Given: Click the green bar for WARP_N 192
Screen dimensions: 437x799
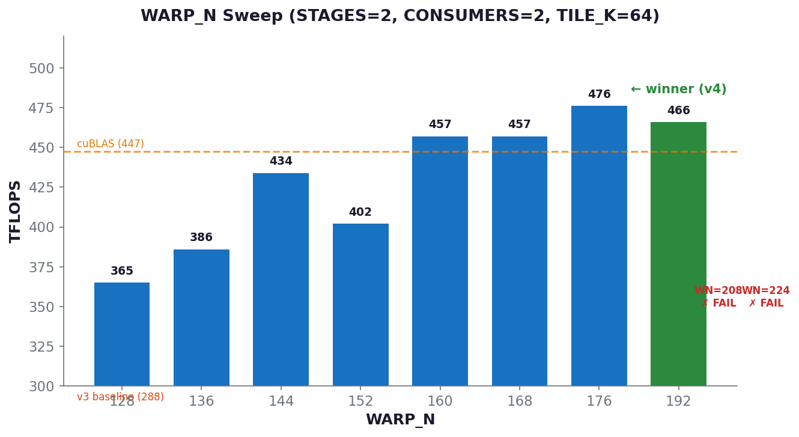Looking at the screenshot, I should (x=678, y=254).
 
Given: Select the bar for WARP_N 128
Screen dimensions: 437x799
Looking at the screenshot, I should (x=122, y=334).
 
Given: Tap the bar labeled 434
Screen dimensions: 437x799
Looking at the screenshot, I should (x=281, y=280).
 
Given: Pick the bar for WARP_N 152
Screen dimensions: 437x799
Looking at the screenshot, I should (x=360, y=305).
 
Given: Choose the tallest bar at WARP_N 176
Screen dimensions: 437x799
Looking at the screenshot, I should (x=599, y=246).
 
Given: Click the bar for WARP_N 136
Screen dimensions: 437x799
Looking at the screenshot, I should (x=201, y=317).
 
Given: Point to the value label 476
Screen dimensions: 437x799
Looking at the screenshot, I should (x=599, y=95).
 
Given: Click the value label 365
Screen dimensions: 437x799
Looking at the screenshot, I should (x=122, y=272).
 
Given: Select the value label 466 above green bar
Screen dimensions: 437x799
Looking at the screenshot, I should (x=678, y=111).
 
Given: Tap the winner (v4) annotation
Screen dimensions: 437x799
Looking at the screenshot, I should (x=678, y=90).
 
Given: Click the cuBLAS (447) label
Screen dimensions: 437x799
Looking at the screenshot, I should (x=111, y=144).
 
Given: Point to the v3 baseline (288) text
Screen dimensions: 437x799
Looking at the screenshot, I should (x=120, y=397).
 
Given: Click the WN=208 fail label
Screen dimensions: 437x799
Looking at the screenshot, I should (x=718, y=297).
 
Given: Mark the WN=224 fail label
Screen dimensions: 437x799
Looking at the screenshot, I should (x=766, y=297).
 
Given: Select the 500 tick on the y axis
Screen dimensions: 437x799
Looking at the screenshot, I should (x=41, y=69).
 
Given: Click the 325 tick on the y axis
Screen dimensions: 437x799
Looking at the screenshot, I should (x=41, y=347).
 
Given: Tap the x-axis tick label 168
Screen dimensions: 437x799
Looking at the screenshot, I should (x=520, y=402).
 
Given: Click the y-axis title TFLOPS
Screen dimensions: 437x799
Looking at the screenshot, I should (x=16, y=211).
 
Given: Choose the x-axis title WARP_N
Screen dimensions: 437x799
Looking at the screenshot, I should (x=400, y=420).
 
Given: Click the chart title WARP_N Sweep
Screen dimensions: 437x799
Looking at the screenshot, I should (x=400, y=16).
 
